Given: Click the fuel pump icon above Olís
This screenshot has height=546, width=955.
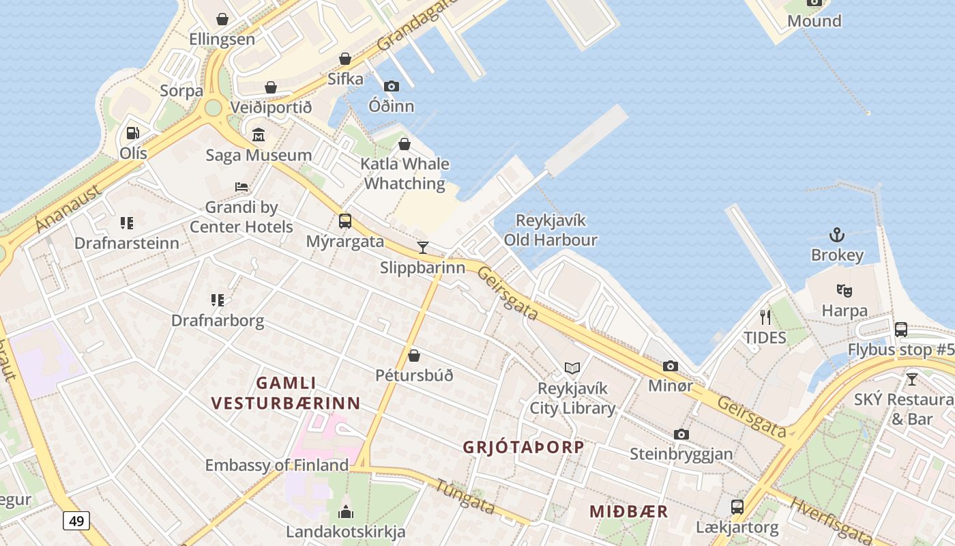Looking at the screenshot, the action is tap(133, 133).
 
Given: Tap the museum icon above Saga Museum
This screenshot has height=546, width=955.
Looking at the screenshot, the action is tap(259, 135).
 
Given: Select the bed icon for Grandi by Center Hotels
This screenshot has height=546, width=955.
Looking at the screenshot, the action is tap(241, 186).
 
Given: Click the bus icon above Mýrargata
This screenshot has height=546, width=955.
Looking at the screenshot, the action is tap(345, 221).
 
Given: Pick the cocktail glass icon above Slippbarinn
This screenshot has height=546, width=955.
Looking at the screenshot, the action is tap(423, 247).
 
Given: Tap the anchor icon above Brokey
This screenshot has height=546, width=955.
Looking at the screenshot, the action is tap(837, 235).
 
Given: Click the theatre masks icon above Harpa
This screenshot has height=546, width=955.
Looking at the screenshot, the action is tap(844, 291).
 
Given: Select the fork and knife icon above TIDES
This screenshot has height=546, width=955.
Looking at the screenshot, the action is tap(765, 317).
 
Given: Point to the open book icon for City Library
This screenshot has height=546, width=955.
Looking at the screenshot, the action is tap(572, 369).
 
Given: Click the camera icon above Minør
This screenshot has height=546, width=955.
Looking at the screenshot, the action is tap(671, 366).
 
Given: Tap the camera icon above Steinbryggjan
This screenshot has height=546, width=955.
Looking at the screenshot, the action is tap(681, 434).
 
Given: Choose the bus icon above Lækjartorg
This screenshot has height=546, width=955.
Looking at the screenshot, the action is tap(737, 507).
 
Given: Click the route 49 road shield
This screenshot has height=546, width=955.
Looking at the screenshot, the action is tap(76, 521).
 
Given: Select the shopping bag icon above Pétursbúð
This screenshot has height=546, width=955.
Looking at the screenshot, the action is tap(414, 356).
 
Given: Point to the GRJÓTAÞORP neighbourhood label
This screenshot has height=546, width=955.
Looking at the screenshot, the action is tap(523, 447).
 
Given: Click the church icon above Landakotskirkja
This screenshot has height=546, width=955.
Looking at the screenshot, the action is tap(346, 511).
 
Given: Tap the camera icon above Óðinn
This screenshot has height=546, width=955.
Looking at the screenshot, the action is tap(391, 86).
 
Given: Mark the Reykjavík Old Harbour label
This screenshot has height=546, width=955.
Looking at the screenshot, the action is tap(550, 230).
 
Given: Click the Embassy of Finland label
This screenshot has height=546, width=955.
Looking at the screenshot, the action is tap(277, 465).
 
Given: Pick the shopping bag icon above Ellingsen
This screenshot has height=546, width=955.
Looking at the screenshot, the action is tap(222, 19).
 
